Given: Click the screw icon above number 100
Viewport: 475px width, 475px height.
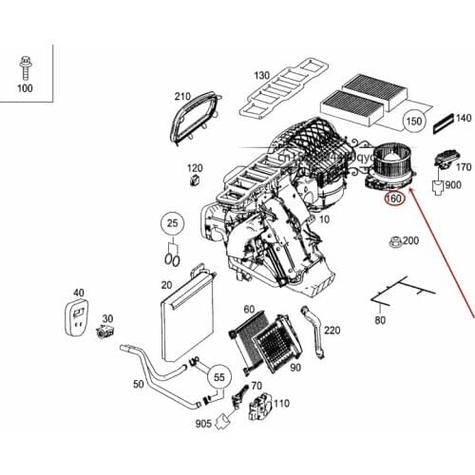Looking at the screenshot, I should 23,67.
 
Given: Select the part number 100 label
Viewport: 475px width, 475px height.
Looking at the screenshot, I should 24,88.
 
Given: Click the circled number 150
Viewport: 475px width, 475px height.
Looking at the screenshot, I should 413,122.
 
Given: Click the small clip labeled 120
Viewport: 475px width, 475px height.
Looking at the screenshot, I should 195,180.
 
